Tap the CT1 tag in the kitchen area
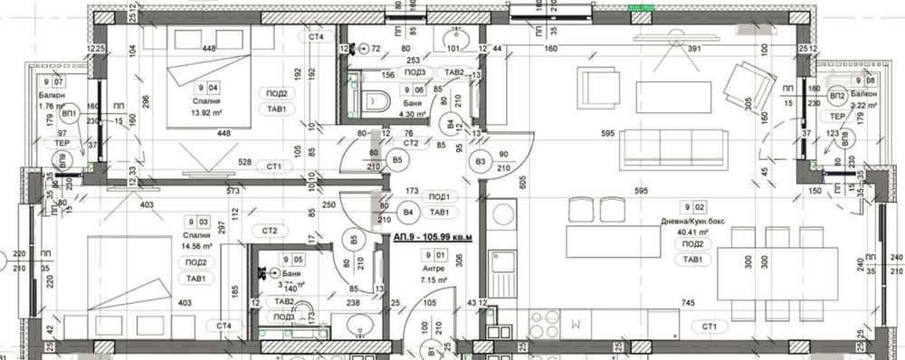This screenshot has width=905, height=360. tap(709, 327)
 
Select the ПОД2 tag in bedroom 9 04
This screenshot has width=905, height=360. tap(276, 93)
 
